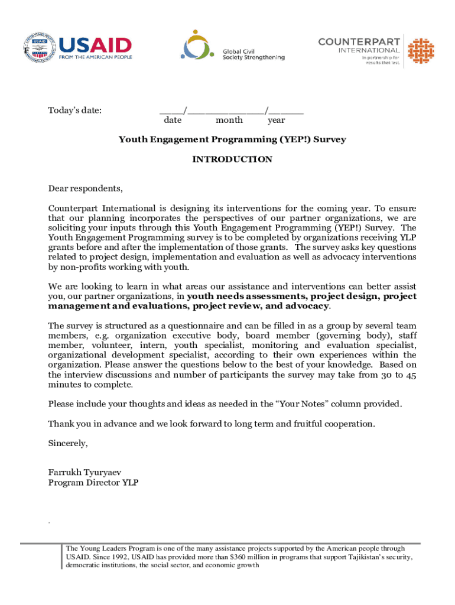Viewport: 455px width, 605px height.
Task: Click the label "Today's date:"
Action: tap(74, 110)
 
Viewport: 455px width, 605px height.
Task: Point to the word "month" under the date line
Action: tap(229, 121)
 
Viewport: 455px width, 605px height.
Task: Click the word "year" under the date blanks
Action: tap(276, 121)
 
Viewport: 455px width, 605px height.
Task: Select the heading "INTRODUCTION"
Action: tap(232, 160)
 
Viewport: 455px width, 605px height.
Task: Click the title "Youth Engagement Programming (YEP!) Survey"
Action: tap(232, 140)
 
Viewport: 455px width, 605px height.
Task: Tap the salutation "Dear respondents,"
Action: tap(86, 189)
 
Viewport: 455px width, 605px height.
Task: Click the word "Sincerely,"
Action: tap(68, 443)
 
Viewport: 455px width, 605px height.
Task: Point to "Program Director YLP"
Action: tap(93, 483)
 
